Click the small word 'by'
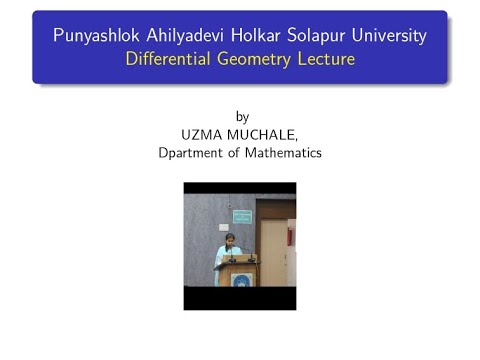[239, 115]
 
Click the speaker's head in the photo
[230, 239]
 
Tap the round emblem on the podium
[240, 279]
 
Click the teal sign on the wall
[242, 216]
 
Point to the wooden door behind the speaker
[273, 250]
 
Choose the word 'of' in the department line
[236, 153]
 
